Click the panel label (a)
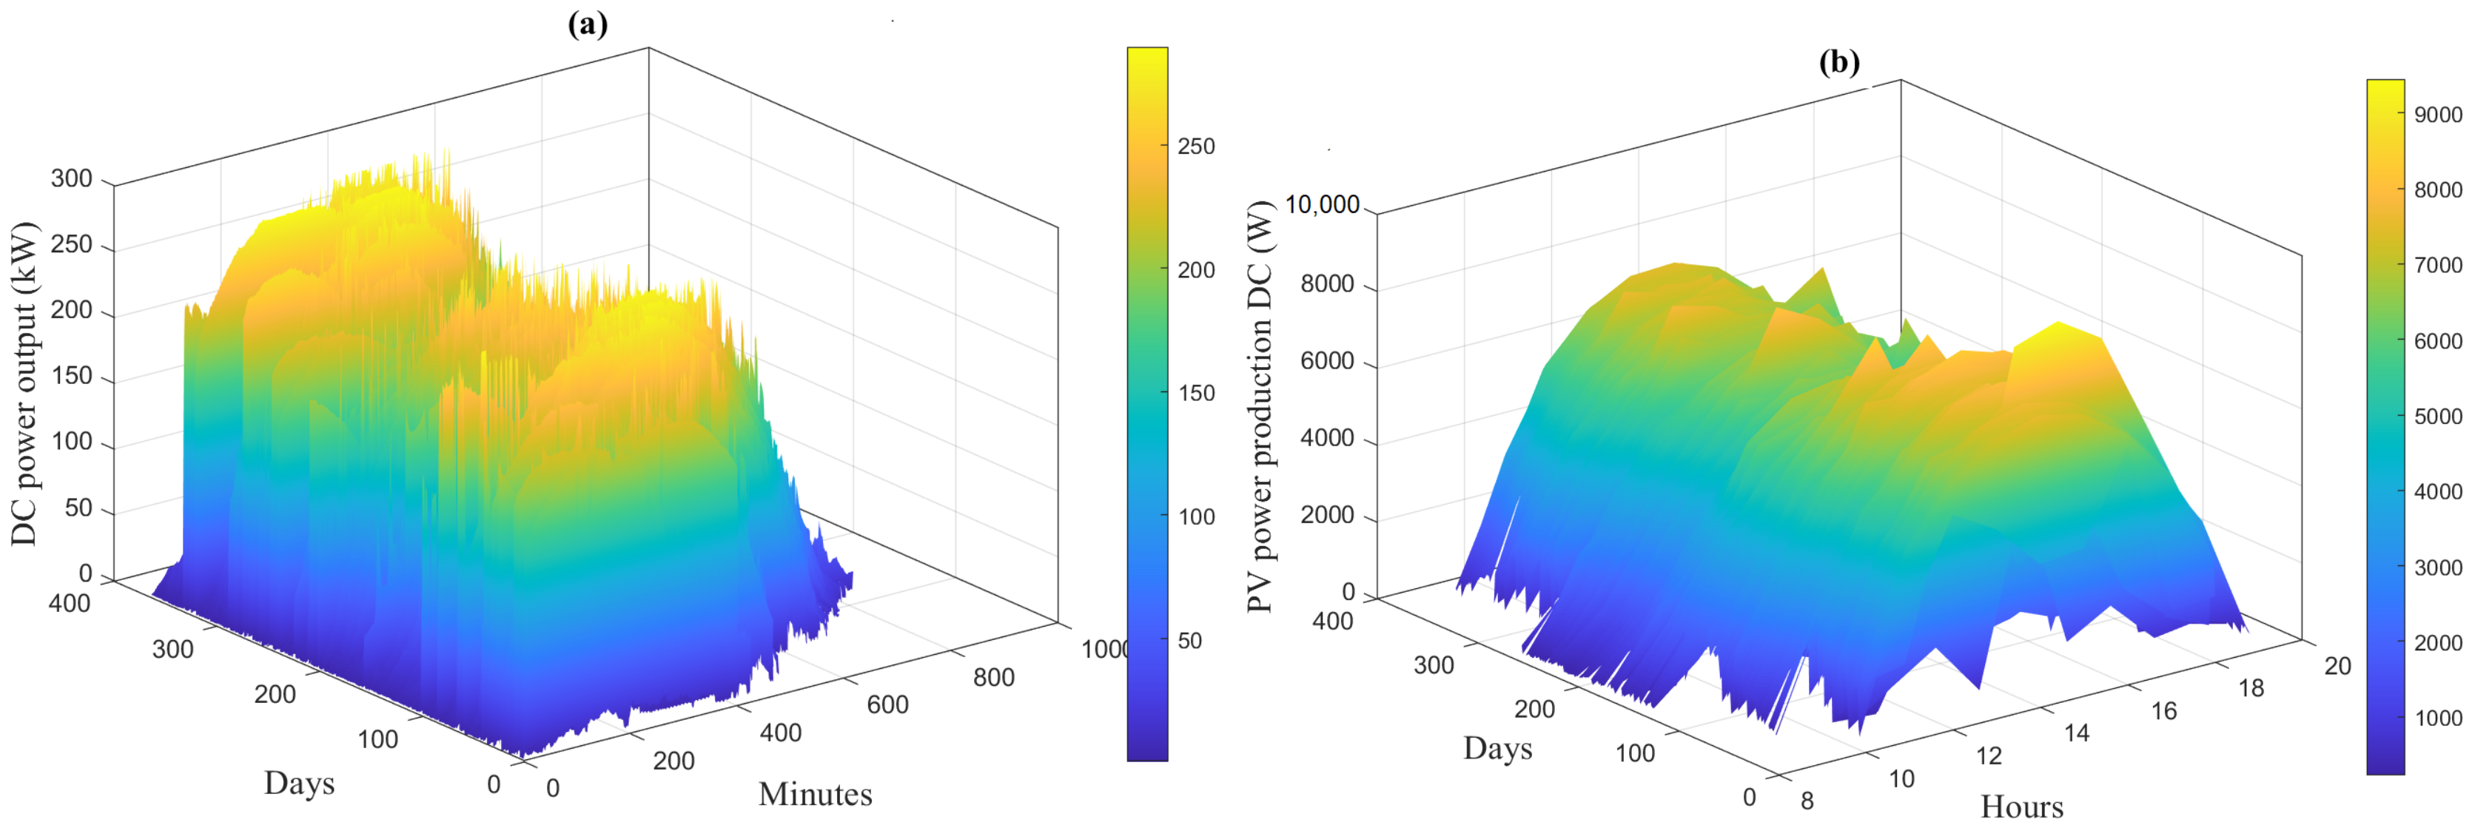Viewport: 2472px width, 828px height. [x=588, y=24]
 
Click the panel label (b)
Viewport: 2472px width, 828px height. [x=1838, y=62]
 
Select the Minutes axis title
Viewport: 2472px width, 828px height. [x=815, y=795]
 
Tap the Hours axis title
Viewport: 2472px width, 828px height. [x=2021, y=807]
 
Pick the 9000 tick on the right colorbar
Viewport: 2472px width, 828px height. [x=2437, y=114]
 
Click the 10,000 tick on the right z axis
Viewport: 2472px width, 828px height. [x=1321, y=204]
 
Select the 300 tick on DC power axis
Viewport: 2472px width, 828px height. [x=72, y=178]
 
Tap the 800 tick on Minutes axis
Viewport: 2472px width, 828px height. [x=993, y=677]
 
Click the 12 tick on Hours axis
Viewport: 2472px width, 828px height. [x=1989, y=756]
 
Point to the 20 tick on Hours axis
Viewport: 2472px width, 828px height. [x=2337, y=666]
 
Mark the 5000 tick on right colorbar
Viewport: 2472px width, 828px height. [x=2437, y=417]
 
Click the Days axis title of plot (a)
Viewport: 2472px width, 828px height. [x=300, y=783]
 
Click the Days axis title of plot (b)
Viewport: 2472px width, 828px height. [x=1497, y=748]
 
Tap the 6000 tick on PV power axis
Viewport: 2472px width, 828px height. [x=1326, y=362]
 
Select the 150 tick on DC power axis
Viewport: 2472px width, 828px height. [x=72, y=376]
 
